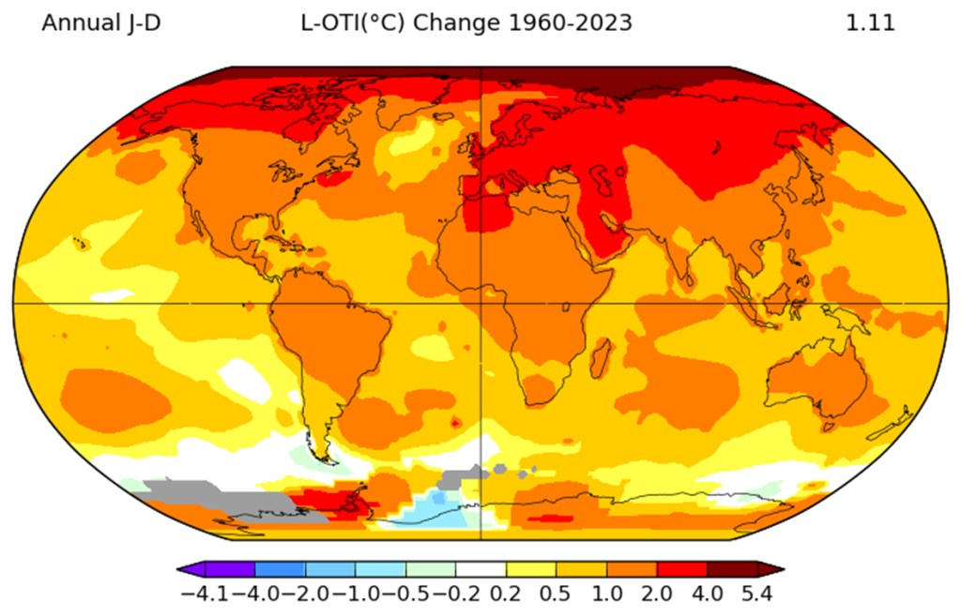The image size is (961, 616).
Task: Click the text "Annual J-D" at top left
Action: coord(101,23)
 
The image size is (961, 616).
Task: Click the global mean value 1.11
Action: coord(870,23)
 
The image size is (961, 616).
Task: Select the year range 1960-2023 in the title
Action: coord(570,23)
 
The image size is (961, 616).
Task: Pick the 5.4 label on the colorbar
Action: coord(755,594)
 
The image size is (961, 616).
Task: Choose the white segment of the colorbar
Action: coord(480,569)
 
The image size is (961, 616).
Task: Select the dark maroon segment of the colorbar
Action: coord(732,569)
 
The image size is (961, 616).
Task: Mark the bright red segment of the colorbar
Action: coord(681,569)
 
